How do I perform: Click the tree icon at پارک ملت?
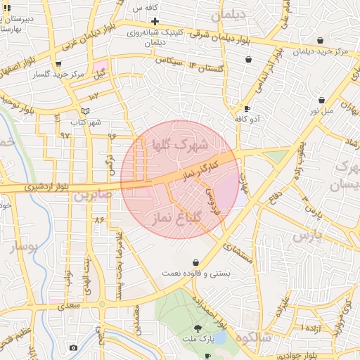(198, 328)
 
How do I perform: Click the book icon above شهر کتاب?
(85, 111)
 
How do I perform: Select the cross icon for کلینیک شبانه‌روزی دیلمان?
(155, 22)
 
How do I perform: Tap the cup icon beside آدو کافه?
(246, 108)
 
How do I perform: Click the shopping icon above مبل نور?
(321, 100)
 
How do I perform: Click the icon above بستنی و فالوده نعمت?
(195, 262)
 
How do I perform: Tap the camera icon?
(73, 347)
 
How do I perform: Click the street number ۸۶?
(98, 221)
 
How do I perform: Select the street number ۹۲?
(65, 134)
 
